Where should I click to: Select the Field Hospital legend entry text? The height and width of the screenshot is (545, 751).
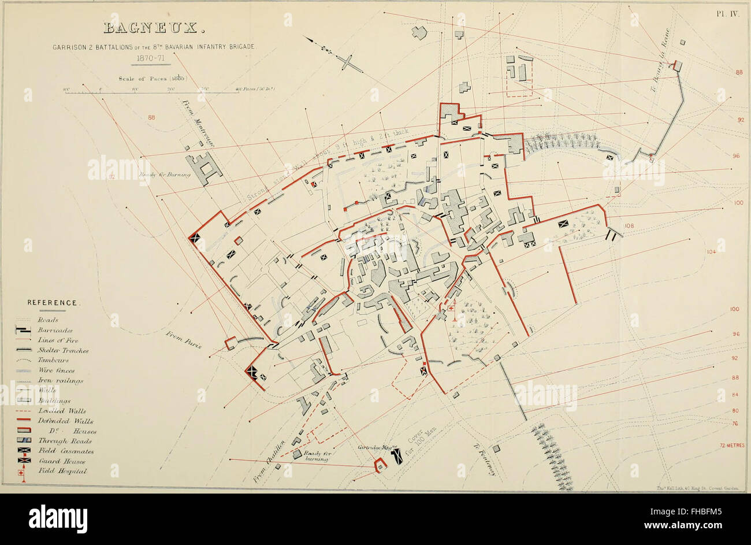point(70,471)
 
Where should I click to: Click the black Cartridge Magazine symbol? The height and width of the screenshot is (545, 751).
point(397,458)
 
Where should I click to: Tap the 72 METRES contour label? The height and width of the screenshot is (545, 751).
point(732,445)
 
